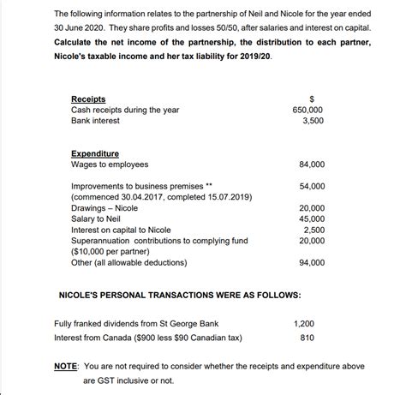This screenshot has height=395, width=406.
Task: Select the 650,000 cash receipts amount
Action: tap(308, 111)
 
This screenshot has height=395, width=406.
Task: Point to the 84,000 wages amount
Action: tap(311, 165)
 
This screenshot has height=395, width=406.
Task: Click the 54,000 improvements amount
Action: tap(311, 186)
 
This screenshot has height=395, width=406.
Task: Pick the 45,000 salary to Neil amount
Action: tap(311, 218)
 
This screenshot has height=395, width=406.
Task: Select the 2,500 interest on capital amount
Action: tap(313, 230)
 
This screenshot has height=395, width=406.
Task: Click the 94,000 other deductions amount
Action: tap(311, 263)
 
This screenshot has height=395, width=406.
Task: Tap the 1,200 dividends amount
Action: tap(303, 325)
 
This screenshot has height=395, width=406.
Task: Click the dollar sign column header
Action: tap(312, 99)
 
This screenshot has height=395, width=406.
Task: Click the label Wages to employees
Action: tap(110, 165)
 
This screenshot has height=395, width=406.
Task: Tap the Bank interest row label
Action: tap(96, 121)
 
